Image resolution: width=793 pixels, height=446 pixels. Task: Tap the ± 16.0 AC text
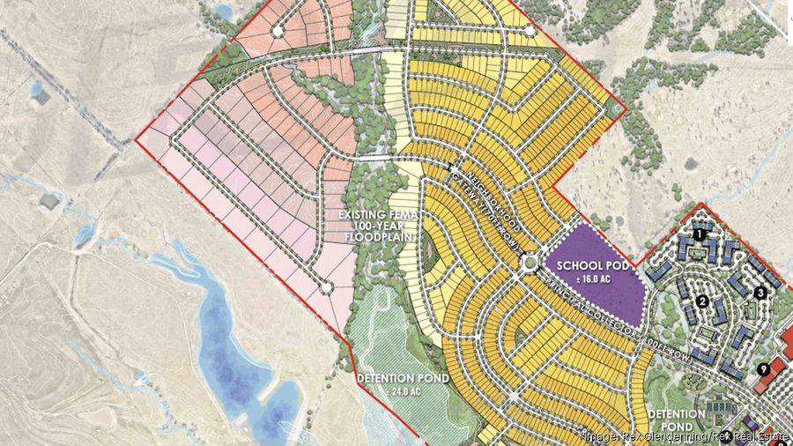589,279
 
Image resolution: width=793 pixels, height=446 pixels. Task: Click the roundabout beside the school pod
529,262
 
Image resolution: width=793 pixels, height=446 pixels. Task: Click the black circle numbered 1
700,234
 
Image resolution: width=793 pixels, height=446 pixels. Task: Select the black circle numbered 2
702,301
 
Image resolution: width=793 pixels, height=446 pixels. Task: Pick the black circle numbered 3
760,293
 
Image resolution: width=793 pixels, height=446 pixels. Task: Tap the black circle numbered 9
763,369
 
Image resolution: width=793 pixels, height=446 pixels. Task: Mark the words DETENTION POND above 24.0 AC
403,378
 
